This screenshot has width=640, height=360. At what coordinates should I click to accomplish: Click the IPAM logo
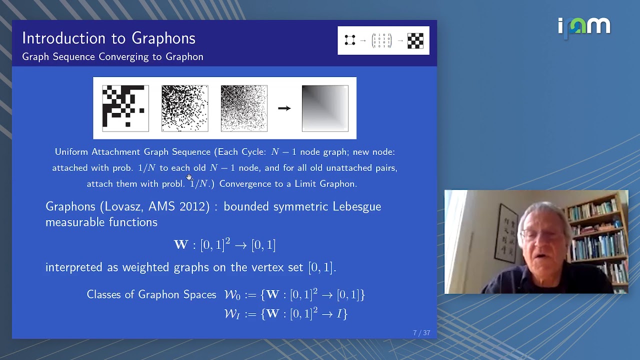(x=584, y=26)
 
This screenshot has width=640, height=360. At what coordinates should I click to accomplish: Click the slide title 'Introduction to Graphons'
(x=108, y=38)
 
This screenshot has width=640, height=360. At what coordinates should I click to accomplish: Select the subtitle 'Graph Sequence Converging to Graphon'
(x=112, y=57)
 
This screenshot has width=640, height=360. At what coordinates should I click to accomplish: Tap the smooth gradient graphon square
(x=325, y=108)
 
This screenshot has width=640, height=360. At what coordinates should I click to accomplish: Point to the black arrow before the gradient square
(x=284, y=108)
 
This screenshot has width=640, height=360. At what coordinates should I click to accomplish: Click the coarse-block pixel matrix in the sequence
(x=125, y=108)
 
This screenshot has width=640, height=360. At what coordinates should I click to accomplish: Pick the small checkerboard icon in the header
(x=415, y=41)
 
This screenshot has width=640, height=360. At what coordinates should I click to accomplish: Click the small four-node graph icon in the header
(x=350, y=40)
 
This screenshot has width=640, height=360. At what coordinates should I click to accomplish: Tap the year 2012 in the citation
(x=192, y=206)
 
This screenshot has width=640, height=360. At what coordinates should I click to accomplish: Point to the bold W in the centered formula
(x=181, y=245)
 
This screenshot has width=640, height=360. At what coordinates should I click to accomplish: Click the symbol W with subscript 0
(x=232, y=295)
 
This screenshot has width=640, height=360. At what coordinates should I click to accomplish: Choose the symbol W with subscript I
(x=232, y=314)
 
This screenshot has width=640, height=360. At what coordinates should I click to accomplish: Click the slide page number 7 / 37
(x=421, y=333)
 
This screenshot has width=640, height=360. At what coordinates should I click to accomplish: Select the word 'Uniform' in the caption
(x=71, y=152)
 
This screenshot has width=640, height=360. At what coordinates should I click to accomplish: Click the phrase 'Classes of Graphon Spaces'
(x=151, y=295)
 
